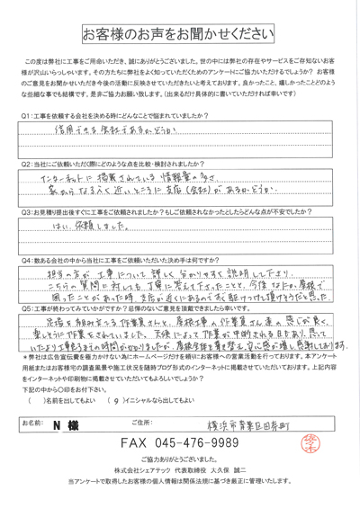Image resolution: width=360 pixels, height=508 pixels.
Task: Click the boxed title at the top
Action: click(x=179, y=36)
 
